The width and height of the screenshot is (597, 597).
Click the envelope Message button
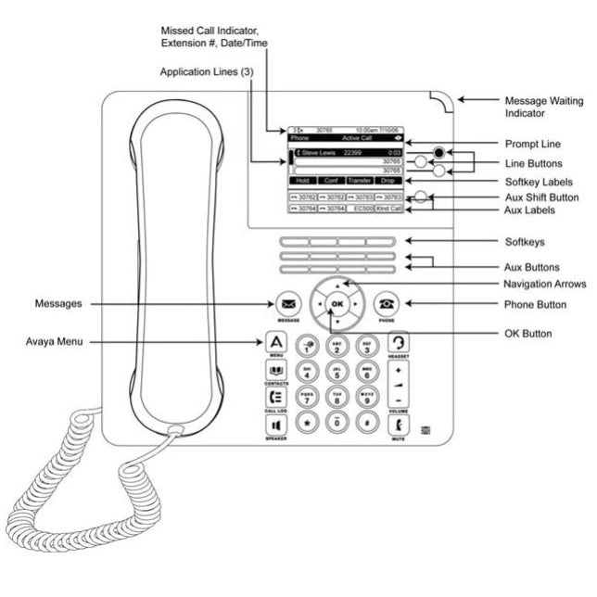pos(288,302)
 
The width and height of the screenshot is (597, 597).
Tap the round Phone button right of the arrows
pos(386,302)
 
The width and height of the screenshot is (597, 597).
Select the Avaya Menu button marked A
pos(275,340)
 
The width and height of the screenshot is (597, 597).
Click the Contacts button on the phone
pos(275,369)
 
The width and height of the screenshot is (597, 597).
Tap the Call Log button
pos(275,398)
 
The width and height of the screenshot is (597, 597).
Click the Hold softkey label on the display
pos(302,181)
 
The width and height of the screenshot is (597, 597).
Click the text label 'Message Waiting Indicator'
pos(536,107)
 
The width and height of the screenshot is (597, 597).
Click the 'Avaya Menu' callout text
pos(55,342)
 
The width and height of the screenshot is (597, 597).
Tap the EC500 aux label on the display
pos(361,209)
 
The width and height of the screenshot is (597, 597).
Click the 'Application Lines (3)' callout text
pos(206,71)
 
